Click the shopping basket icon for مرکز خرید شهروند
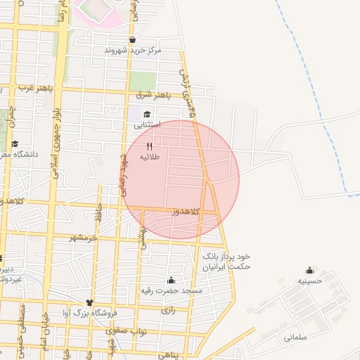[132, 40]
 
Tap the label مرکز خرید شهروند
[133, 51]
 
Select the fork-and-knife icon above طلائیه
[149, 146]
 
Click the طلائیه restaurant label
[150, 157]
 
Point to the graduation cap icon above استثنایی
[147, 115]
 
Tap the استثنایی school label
[148, 125]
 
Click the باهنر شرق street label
[154, 94]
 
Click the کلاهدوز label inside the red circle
[186, 212]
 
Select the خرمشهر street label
[83, 238]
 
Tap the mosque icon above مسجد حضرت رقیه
[171, 280]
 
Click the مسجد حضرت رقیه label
[181, 290]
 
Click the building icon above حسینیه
[309, 270]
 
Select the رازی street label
[167, 309]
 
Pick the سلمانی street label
[296, 337]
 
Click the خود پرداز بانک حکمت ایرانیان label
[226, 262]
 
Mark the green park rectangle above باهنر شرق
[143, 81]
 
